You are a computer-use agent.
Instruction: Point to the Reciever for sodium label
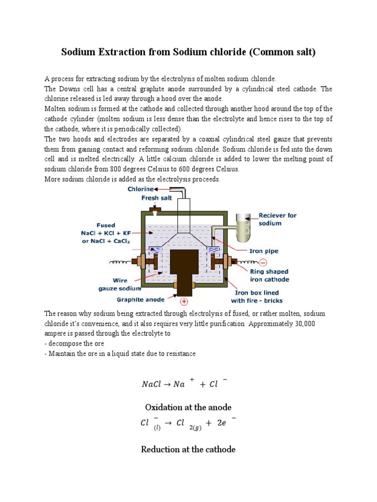277,219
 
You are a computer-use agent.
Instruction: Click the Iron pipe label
264,251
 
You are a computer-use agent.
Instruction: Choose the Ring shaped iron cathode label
269,275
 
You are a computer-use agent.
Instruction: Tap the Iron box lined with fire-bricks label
257,297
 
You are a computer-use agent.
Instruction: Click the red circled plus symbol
185,301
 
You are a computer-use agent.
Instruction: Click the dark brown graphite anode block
184,270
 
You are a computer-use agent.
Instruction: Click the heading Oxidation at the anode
188,407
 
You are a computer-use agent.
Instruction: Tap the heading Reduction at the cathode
188,449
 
